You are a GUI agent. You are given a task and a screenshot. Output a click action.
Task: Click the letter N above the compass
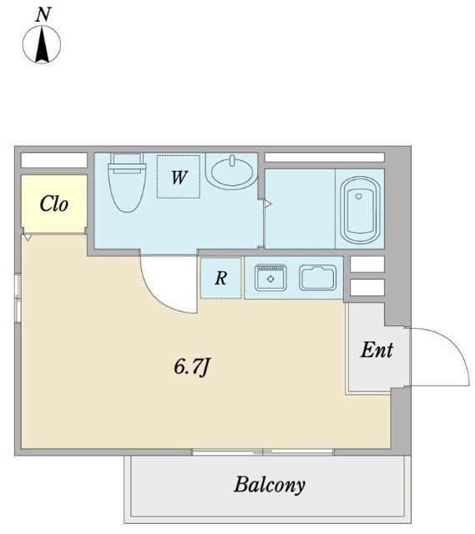[x=43, y=15]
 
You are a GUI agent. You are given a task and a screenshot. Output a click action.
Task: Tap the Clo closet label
[x=53, y=204]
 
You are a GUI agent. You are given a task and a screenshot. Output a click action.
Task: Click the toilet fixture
[x=127, y=183]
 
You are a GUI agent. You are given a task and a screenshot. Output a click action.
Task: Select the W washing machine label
[x=179, y=178]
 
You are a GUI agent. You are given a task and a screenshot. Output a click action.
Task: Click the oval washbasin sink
[x=232, y=170]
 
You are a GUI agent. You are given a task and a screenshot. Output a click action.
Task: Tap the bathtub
[x=360, y=209]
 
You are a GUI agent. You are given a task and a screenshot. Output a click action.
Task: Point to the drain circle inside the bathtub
[x=358, y=196]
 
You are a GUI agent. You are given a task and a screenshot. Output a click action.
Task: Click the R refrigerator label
[x=220, y=278]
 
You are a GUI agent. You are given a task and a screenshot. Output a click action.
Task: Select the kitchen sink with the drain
[x=271, y=278]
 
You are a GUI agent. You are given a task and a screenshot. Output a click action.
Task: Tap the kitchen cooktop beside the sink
[x=317, y=278]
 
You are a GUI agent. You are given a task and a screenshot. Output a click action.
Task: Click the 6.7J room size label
[x=191, y=367]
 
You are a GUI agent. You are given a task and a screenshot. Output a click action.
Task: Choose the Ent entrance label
[x=376, y=350]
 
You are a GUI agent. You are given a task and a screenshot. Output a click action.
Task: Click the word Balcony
[x=269, y=485]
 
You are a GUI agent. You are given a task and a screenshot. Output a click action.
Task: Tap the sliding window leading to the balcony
[x=263, y=452]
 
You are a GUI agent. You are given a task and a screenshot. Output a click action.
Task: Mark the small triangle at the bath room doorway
[x=268, y=204]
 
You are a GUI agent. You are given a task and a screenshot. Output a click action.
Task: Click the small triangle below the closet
[x=28, y=237]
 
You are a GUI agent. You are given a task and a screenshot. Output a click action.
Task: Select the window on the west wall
[x=18, y=298]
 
